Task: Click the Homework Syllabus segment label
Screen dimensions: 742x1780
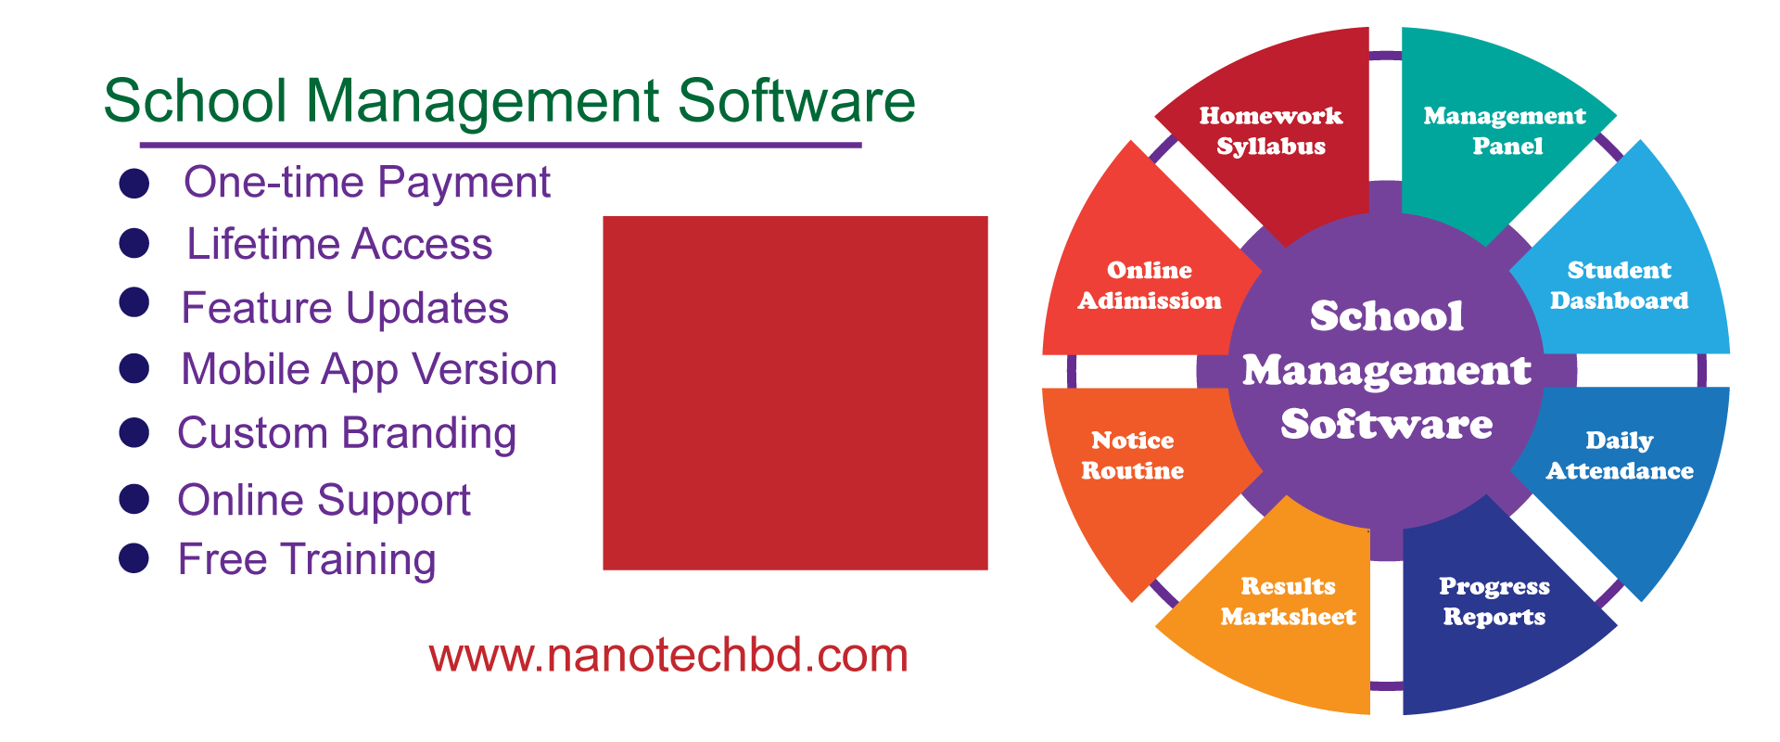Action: point(1270,131)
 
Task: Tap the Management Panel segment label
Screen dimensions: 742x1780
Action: point(1505,131)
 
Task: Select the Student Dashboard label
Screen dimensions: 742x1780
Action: point(1619,285)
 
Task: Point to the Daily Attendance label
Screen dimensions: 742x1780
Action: point(1619,455)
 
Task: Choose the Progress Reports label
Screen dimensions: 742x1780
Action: point(1494,602)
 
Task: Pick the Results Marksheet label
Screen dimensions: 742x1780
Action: point(1288,601)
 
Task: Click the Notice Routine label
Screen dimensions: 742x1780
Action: point(1132,455)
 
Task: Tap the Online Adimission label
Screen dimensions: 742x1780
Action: point(1149,285)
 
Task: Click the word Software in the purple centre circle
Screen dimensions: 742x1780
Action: point(1386,425)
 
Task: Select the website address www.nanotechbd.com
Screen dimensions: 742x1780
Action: point(667,656)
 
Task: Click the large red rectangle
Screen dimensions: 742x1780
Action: point(795,392)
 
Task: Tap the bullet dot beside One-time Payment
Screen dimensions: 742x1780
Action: point(134,184)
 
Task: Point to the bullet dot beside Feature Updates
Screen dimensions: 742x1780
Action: point(134,302)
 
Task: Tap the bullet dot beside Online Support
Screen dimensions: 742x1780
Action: point(134,499)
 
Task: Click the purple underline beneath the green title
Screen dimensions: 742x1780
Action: point(501,145)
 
